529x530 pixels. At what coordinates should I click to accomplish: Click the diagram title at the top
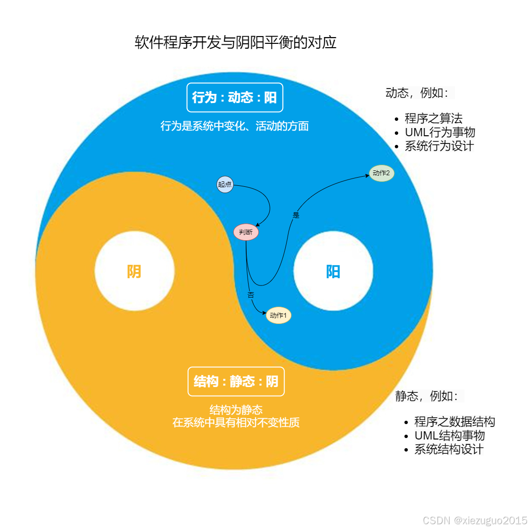pyautogui.click(x=235, y=42)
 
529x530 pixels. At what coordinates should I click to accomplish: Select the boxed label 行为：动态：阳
pyautogui.click(x=235, y=97)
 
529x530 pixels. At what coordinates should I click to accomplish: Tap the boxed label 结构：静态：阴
pyautogui.click(x=236, y=382)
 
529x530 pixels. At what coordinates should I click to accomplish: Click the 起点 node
pyautogui.click(x=225, y=184)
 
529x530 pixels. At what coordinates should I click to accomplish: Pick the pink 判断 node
pyautogui.click(x=246, y=232)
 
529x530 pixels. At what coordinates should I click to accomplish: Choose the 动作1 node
pyautogui.click(x=278, y=315)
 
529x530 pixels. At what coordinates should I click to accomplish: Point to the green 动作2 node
pyautogui.click(x=381, y=173)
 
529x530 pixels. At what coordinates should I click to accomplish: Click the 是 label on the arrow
pyautogui.click(x=296, y=215)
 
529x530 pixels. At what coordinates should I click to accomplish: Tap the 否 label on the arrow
pyautogui.click(x=251, y=295)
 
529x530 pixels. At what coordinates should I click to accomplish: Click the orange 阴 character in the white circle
pyautogui.click(x=134, y=271)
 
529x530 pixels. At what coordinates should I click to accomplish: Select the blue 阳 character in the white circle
pyautogui.click(x=333, y=271)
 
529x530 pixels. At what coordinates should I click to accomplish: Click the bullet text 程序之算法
pyautogui.click(x=433, y=118)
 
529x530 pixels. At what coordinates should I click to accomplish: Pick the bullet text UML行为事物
pyautogui.click(x=440, y=132)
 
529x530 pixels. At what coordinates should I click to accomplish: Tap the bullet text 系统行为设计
pyautogui.click(x=439, y=146)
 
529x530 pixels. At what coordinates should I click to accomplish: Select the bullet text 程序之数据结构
pyautogui.click(x=454, y=422)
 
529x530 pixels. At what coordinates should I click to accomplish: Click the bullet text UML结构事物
pyautogui.click(x=449, y=436)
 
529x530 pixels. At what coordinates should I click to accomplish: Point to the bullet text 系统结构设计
pyautogui.click(x=449, y=449)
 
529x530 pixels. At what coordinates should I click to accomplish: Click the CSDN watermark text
pyautogui.click(x=475, y=520)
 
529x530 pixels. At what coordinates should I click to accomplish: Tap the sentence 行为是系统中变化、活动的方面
pyautogui.click(x=235, y=126)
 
